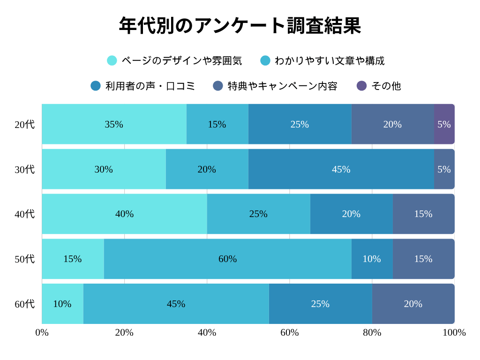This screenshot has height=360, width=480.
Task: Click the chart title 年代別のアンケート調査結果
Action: pos(240,26)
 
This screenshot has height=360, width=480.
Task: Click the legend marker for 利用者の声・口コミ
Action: pos(96,86)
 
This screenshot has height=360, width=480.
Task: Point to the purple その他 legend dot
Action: pos(361,86)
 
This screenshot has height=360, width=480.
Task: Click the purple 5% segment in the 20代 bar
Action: pos(444,124)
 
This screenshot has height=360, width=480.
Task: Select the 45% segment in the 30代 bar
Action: pos(341,169)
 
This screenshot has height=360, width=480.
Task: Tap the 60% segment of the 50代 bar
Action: pos(227,259)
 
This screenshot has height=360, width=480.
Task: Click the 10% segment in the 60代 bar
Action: pos(62,304)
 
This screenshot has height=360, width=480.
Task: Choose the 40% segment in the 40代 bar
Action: pos(124,214)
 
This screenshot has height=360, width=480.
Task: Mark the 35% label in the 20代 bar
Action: pos(114,124)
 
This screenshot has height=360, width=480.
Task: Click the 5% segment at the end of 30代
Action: pos(444,169)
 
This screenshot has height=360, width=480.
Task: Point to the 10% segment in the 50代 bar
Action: pos(372,259)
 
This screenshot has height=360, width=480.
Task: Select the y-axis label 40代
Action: pos(24,214)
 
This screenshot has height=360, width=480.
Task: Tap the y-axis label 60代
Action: pos(24,304)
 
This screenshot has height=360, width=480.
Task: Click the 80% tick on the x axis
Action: pos(372,332)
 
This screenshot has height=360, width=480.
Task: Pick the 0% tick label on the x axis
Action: pos(42,332)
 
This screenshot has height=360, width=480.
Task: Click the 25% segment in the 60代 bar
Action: pos(320,304)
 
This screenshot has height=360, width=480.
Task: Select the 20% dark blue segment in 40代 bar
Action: pos(351,214)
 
